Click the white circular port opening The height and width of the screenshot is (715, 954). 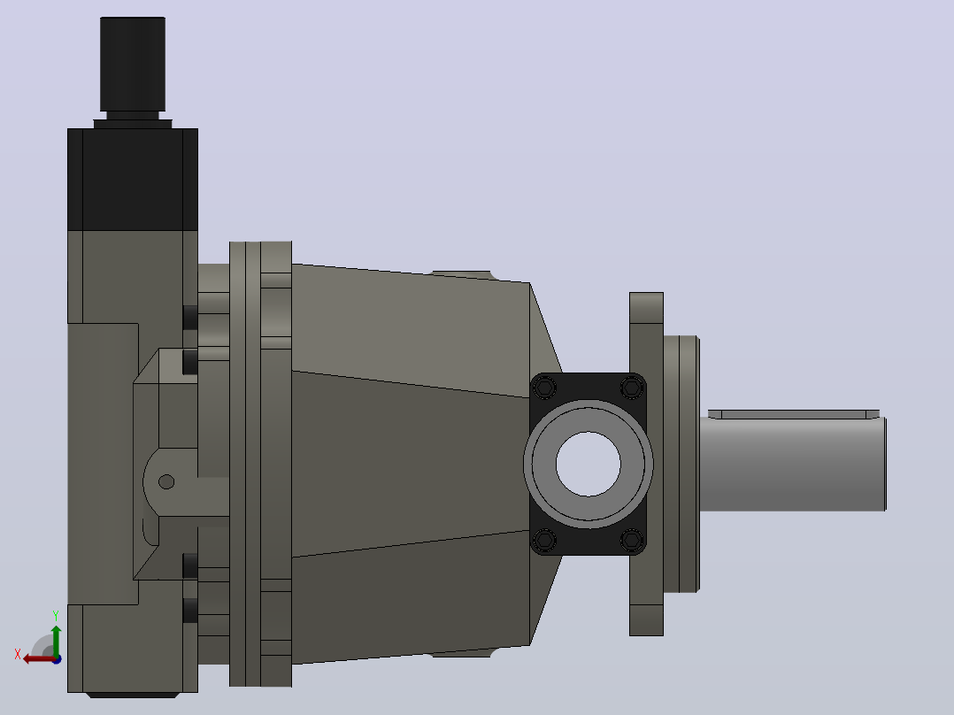point(588,464)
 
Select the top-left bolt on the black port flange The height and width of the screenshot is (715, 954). point(544,387)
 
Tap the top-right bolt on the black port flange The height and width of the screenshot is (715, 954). point(632,387)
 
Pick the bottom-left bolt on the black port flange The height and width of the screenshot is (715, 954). point(544,540)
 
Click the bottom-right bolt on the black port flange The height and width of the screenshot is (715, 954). point(632,540)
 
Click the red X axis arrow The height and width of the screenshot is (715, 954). point(39,659)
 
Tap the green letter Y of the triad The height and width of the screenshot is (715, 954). point(56,616)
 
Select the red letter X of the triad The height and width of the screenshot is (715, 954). point(18,654)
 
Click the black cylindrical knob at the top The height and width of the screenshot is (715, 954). point(133,64)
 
